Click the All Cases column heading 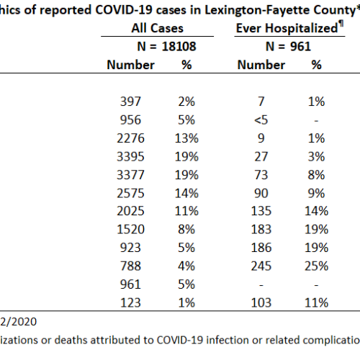tap(157, 28)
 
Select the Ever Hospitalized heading tap(289, 28)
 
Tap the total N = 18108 tap(166, 46)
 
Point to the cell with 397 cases tap(130, 102)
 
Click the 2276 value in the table tap(130, 138)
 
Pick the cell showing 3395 tap(130, 156)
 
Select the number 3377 tap(130, 175)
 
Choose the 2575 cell tap(130, 193)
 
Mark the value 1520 tap(130, 230)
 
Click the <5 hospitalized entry tap(261, 120)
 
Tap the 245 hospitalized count tap(261, 266)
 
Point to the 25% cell tap(316, 266)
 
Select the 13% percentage tap(186, 138)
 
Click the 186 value tap(261, 248)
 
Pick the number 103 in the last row tap(261, 302)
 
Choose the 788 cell tap(130, 266)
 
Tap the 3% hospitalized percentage tap(316, 156)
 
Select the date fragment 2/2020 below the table tap(18, 322)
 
